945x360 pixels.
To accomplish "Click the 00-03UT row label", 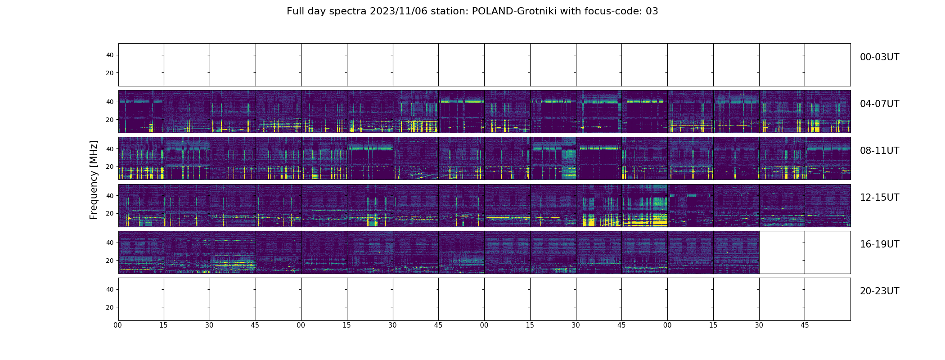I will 879,57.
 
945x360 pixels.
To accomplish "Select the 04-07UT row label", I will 879,104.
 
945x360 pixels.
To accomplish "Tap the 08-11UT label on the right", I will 879,151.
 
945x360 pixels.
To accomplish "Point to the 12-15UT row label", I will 879,198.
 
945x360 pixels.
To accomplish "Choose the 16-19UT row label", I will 879,244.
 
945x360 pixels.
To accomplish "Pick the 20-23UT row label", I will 879,291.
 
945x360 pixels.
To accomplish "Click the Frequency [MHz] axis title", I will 94,180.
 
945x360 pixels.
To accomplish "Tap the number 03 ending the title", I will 652,11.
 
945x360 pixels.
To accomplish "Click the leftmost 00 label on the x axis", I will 118,325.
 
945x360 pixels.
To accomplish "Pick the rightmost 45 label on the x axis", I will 805,325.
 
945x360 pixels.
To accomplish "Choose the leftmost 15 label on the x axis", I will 163,325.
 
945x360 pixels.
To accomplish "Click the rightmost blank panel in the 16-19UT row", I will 828,252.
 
